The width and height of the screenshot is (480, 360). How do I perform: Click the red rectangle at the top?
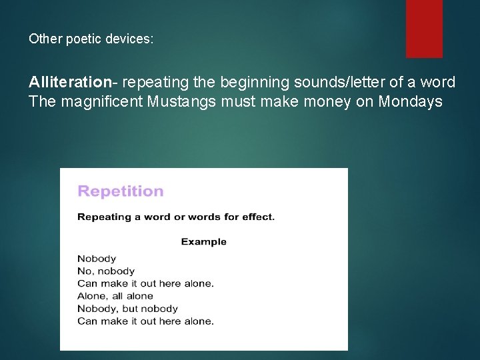tap(424, 28)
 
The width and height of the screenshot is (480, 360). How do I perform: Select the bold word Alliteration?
tap(69, 83)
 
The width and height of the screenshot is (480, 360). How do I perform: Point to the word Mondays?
tap(410, 102)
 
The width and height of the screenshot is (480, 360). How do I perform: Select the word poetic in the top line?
tap(84, 39)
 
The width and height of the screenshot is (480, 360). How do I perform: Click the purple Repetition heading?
tap(121, 191)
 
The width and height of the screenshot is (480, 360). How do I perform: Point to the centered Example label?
tap(203, 241)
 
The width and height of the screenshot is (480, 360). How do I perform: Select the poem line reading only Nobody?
tap(97, 259)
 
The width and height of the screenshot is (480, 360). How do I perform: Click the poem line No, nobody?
tap(106, 271)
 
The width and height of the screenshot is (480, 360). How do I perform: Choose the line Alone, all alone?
tap(115, 296)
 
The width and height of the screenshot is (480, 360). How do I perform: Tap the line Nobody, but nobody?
tap(127, 309)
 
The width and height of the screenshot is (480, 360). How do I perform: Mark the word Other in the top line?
tap(43, 39)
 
